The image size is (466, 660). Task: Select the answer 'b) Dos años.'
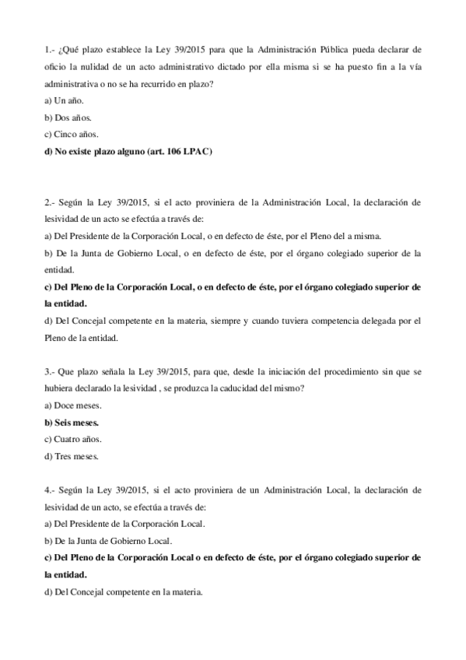coord(68,118)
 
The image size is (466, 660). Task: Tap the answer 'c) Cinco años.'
coord(72,135)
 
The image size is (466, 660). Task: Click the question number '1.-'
coord(51,52)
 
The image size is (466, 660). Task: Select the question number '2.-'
coord(51,202)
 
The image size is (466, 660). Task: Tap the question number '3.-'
coord(51,371)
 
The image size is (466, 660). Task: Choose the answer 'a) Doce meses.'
coord(74,405)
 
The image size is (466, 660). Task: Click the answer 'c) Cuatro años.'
coord(75,439)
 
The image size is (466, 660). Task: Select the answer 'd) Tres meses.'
coord(72,456)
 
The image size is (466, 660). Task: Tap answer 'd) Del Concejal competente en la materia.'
coord(124,592)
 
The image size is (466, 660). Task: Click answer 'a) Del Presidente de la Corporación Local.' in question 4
coord(125,523)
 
